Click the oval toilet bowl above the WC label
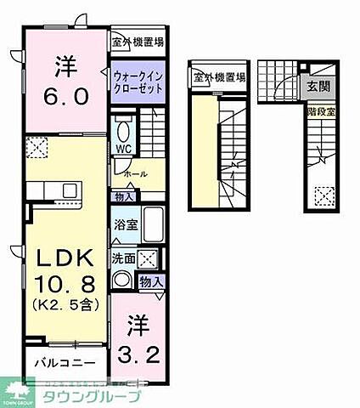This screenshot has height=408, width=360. pos(124,132)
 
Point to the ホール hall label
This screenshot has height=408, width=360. pos(135,174)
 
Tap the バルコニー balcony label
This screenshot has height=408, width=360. pos(58,362)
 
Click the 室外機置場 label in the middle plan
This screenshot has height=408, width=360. pos(219,78)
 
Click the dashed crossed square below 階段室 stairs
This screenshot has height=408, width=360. pos(323,197)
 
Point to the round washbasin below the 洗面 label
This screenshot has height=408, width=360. pos(121,280)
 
